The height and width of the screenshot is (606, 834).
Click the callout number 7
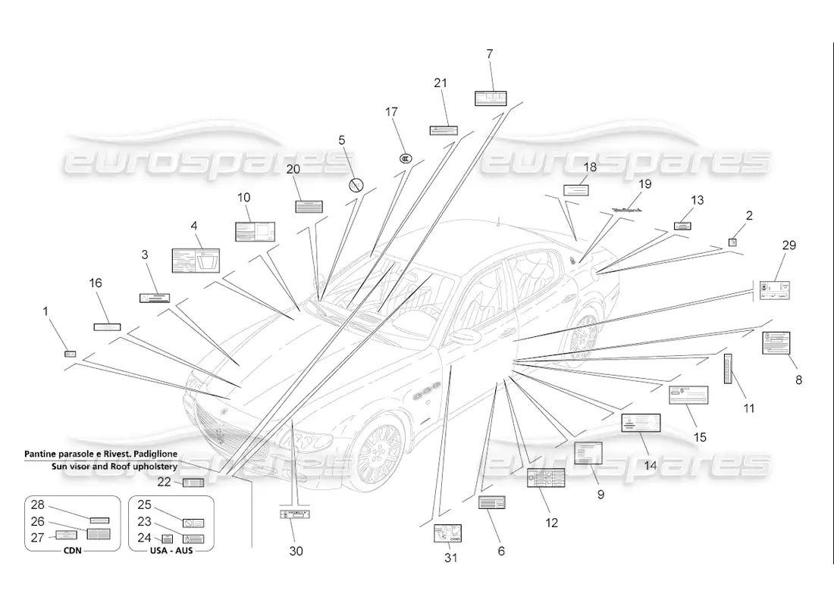(490, 54)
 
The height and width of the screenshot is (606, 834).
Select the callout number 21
(441, 83)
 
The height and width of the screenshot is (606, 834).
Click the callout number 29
(789, 245)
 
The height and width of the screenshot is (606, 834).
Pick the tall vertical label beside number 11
(728, 368)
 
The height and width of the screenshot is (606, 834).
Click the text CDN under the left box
(72, 551)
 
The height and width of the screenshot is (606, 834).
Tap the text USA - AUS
(171, 551)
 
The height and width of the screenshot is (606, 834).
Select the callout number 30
(296, 551)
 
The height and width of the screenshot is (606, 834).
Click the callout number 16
(96, 283)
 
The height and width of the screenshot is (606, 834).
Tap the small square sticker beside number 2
(732, 242)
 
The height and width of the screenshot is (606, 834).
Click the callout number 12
(551, 523)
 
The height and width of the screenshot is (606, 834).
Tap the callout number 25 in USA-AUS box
(144, 504)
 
